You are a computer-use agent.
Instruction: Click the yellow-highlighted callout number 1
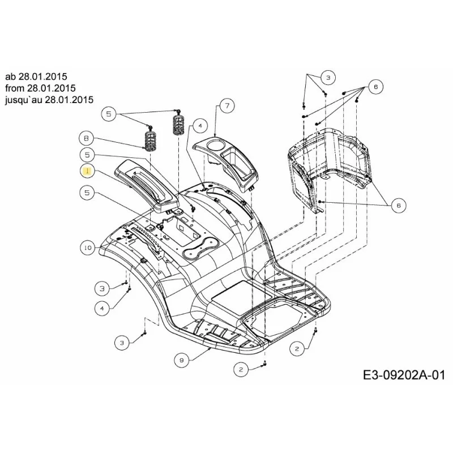tap(87, 172)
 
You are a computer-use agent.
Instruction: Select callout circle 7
tap(227, 106)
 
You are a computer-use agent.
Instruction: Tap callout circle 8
tap(87, 138)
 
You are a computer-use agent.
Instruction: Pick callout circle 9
tap(182, 360)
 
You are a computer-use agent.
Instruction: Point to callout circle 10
tap(88, 247)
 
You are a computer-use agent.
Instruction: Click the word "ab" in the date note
tap(11, 76)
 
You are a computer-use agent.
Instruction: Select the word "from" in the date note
tap(15, 88)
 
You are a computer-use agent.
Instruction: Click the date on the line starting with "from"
tap(52, 88)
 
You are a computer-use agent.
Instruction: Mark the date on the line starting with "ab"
tap(43, 76)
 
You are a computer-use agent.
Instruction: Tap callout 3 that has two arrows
tap(328, 77)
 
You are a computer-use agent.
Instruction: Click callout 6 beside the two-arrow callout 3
tap(375, 87)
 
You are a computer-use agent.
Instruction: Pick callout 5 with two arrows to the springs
tap(109, 114)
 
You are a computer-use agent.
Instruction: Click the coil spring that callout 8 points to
tap(151, 140)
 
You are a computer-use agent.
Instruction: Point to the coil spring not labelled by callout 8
tap(180, 125)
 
